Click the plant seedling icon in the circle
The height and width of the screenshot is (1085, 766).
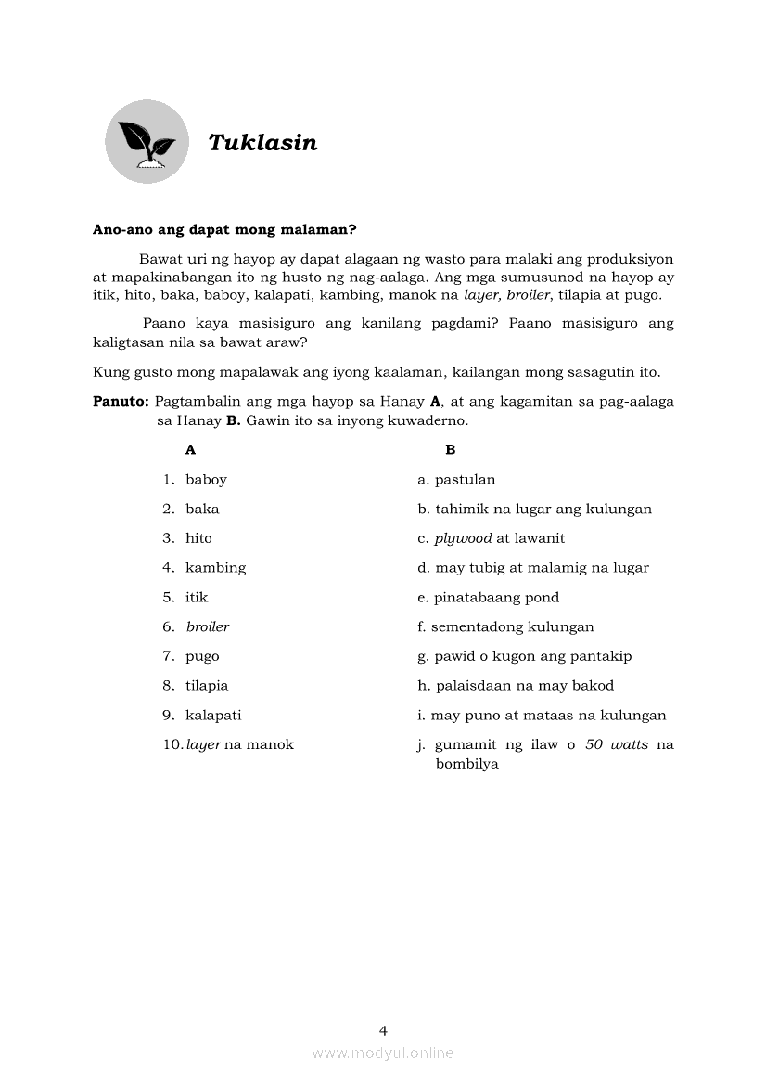coord(147,142)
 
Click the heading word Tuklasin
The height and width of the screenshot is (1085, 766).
coord(262,143)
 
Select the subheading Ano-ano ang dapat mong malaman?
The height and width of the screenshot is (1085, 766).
coord(225,229)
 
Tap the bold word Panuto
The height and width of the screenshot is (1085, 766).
coord(121,402)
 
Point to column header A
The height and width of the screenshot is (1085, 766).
coord(191,450)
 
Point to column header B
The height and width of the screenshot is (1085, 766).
coord(451,450)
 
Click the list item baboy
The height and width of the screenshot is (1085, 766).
coord(206,480)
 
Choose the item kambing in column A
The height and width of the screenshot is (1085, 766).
coord(215,568)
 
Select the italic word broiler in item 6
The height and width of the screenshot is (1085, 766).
coord(208,626)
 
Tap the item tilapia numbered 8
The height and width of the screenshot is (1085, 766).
coord(207,686)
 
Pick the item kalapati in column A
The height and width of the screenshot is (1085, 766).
coord(213,716)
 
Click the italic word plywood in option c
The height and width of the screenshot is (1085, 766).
coord(463,538)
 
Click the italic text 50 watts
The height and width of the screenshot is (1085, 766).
coord(617,744)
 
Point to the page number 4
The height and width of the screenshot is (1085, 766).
coord(383,1030)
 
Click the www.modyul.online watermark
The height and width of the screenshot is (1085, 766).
coord(383,1053)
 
